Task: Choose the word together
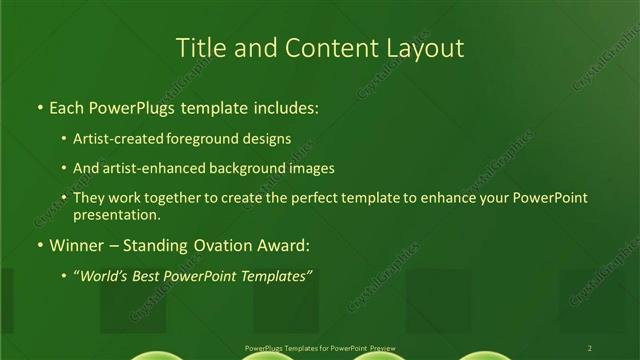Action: pos(180,198)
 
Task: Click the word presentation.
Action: pos(116,214)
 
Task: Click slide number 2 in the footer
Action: pos(590,347)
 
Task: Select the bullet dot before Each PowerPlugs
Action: pos(38,107)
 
